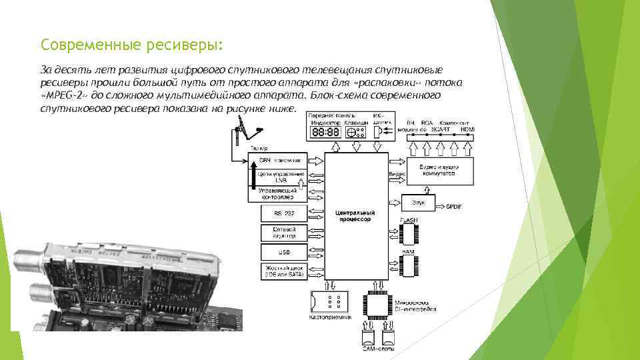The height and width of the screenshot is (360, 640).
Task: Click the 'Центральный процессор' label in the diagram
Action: tap(355, 215)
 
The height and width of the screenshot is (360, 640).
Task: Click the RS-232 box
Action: tap(284, 213)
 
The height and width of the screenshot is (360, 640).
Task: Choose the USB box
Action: tap(284, 252)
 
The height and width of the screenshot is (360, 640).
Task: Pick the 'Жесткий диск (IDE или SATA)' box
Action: tap(284, 271)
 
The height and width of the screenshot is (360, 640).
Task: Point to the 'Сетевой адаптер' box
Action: tap(284, 233)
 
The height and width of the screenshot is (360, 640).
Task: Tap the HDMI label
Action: tap(467, 129)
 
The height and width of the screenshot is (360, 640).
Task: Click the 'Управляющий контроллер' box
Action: tap(281, 194)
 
